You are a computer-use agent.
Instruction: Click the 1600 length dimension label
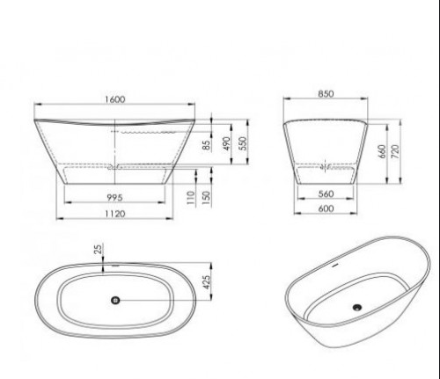(x=115, y=99)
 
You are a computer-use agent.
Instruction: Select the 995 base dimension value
(x=114, y=198)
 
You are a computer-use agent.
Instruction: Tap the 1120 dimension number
(x=115, y=214)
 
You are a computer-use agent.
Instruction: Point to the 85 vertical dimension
(x=207, y=145)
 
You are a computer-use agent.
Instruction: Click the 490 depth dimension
(x=226, y=143)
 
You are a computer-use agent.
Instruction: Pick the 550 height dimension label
(x=244, y=143)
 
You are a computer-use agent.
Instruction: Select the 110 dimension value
(x=191, y=198)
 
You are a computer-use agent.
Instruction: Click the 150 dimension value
(x=207, y=198)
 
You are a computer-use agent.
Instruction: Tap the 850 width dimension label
(x=326, y=94)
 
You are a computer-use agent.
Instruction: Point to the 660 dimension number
(x=382, y=151)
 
